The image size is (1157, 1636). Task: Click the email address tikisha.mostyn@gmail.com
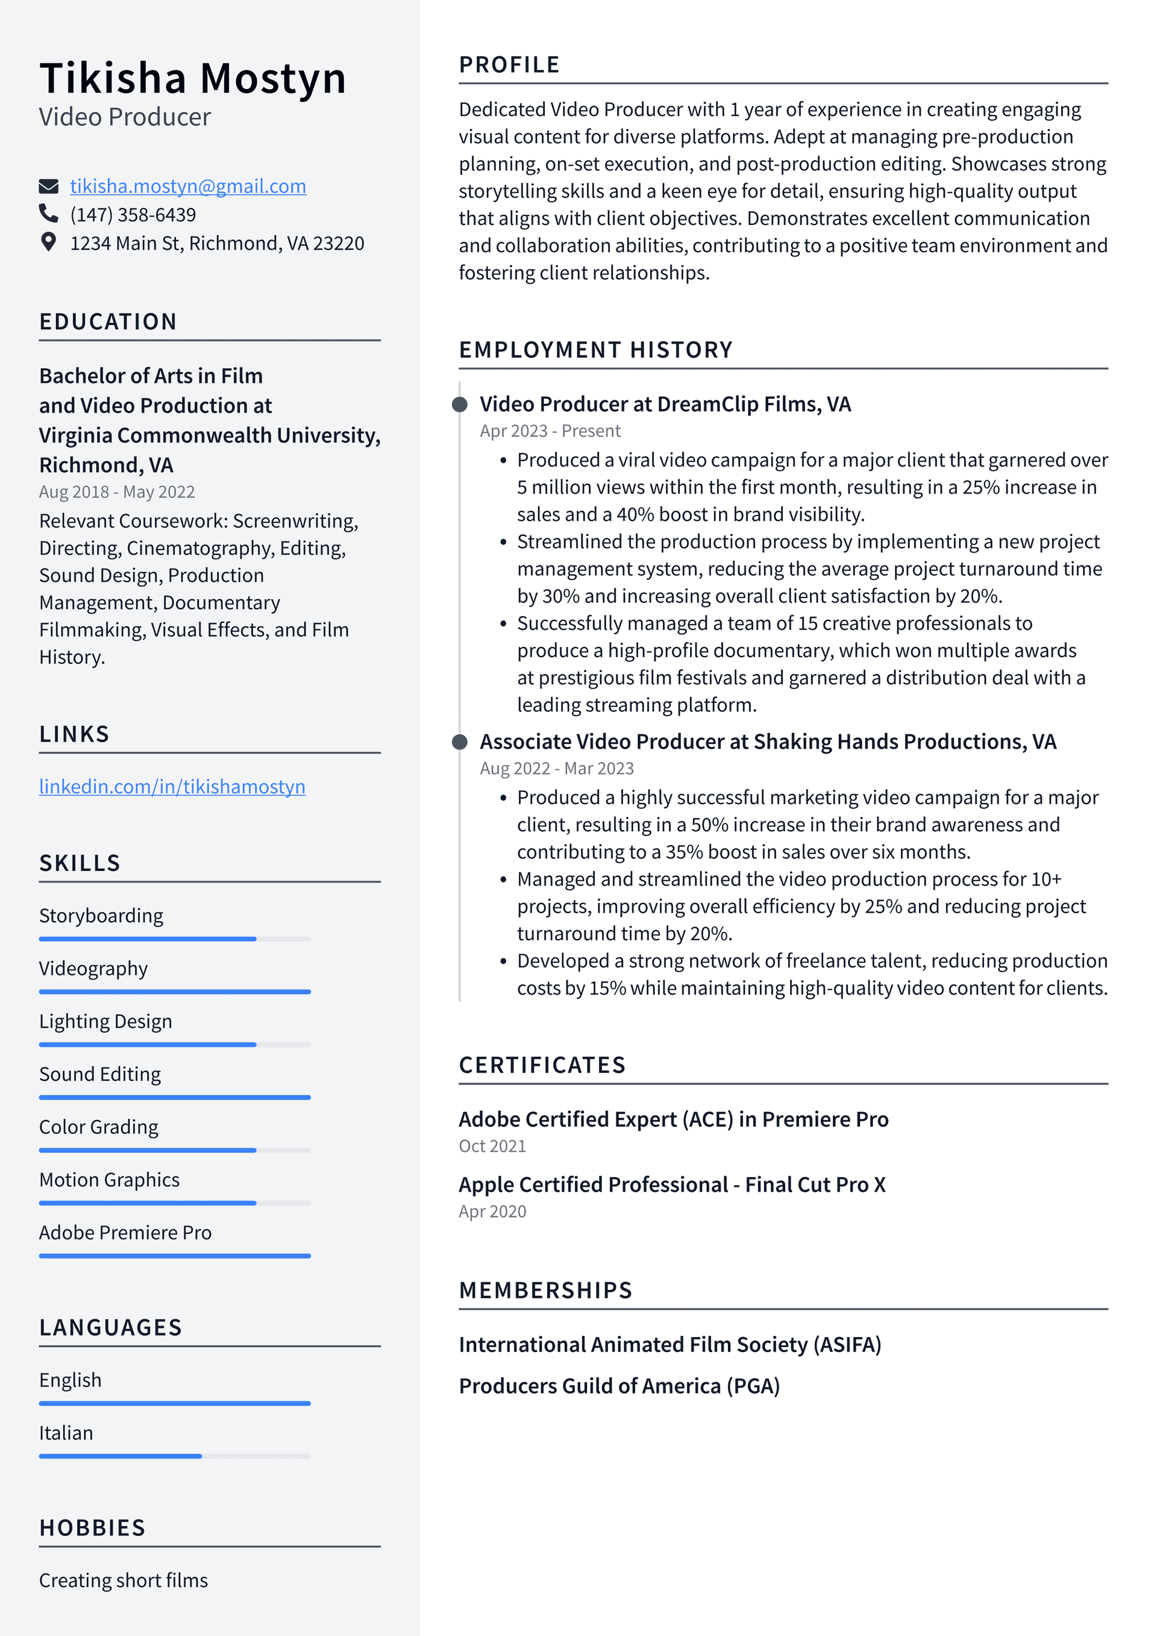point(188,186)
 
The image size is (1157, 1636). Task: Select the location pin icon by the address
point(48,242)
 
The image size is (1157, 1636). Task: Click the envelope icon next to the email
point(48,187)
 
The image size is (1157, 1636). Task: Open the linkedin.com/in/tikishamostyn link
point(172,787)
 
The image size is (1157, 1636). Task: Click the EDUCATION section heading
point(108,322)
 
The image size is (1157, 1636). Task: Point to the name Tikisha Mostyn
point(193,78)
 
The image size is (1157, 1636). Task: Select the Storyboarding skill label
point(101,916)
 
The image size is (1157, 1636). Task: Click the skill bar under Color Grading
point(175,1150)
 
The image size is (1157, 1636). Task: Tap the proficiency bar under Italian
point(175,1456)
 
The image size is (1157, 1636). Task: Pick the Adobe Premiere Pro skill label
point(125,1233)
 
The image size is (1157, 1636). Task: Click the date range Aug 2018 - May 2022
point(117,492)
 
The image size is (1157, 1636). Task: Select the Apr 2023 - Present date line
point(550,431)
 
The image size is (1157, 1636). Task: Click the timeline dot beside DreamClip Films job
point(460,404)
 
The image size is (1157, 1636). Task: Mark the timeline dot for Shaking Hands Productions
point(460,742)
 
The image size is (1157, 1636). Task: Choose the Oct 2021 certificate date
point(492,1146)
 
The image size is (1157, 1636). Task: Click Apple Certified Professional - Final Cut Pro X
point(672,1185)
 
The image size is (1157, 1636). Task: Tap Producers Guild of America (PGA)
point(619,1386)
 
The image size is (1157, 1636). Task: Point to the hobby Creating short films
point(124,1581)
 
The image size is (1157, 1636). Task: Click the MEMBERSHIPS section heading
point(546,1291)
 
